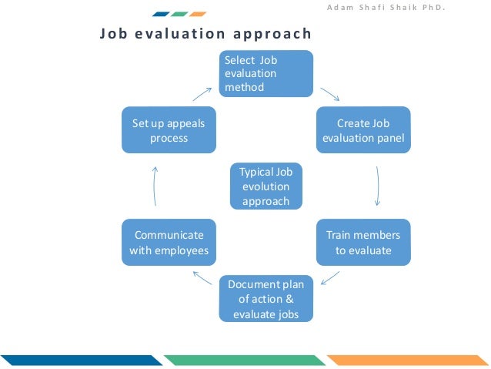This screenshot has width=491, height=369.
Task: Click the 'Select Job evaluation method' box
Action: (x=266, y=74)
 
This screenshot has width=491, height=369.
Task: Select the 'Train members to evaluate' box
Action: (x=363, y=243)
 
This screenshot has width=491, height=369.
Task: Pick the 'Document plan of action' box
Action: (x=266, y=299)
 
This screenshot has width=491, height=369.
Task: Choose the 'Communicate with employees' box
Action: (x=169, y=243)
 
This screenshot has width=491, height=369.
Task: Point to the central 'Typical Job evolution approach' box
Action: (x=266, y=186)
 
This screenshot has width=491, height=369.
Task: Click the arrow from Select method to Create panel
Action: (x=330, y=93)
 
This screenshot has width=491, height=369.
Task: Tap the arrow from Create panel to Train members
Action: (x=378, y=186)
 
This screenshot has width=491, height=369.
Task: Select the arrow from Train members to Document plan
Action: (x=330, y=276)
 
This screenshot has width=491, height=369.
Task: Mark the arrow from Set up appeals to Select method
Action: (x=202, y=93)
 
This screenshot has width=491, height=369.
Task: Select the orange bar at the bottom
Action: (x=407, y=360)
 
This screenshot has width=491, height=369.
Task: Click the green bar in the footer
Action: (x=245, y=360)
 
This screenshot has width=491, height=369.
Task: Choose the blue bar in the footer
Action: (x=80, y=360)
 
